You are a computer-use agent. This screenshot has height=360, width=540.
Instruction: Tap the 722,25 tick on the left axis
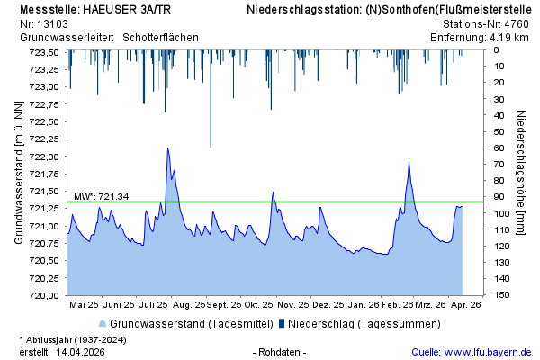pyautogui.click(x=46, y=139)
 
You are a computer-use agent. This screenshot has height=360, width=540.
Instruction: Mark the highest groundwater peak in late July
pyautogui.click(x=167, y=148)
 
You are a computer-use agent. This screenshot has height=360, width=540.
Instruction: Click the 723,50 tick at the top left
pyautogui.click(x=46, y=52)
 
